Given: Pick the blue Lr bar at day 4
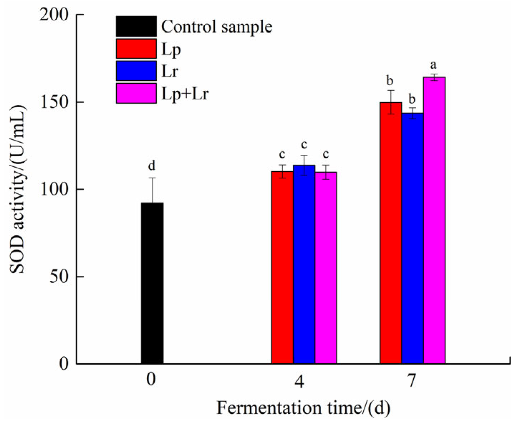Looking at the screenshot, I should [304, 264].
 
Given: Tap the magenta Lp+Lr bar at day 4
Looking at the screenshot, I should [326, 268].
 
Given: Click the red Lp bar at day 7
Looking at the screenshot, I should [391, 233].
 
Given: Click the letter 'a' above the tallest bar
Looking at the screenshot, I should [434, 65].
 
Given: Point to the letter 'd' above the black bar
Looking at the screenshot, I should [152, 166].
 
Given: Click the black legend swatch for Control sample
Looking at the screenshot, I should [136, 26].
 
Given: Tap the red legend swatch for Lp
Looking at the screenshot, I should [136, 49].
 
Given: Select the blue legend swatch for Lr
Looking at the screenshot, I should [136, 71].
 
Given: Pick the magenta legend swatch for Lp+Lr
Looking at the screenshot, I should [136, 93].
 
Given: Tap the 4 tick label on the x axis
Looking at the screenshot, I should [300, 381].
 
